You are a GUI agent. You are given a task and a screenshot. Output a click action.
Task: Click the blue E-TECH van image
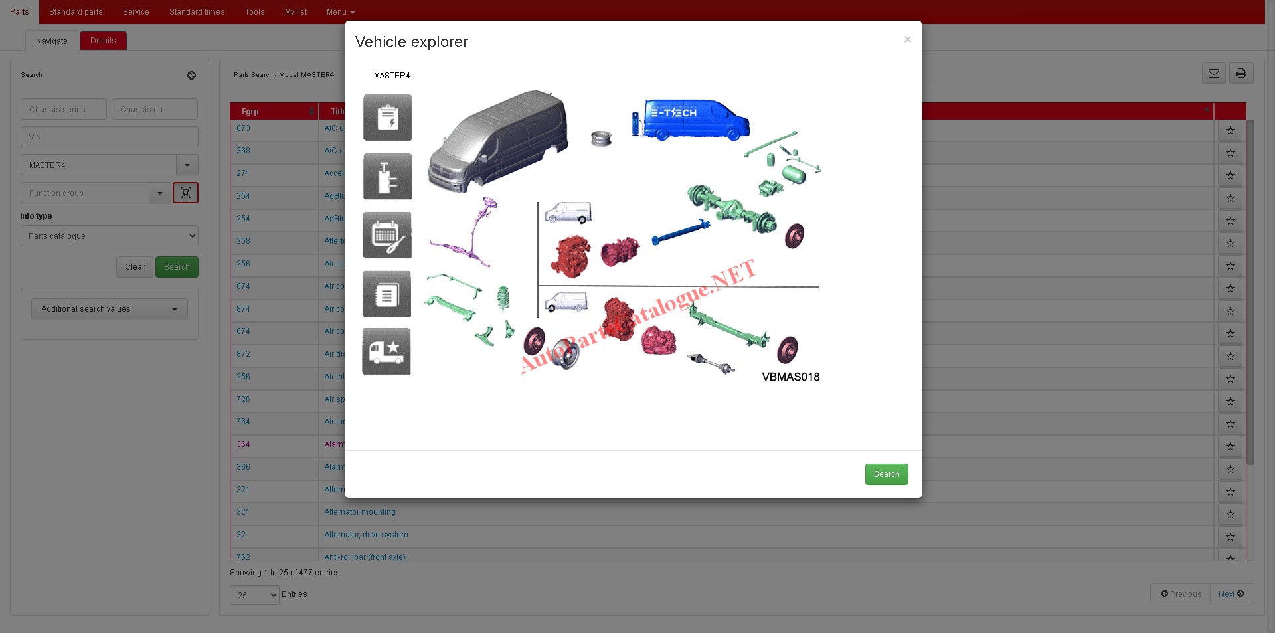click(691, 119)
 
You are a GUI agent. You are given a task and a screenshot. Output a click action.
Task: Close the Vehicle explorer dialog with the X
click(907, 40)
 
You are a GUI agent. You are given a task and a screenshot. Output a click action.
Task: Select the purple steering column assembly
click(471, 232)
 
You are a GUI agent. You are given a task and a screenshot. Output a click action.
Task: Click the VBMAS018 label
click(790, 377)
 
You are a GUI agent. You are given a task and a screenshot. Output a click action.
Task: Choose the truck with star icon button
click(386, 351)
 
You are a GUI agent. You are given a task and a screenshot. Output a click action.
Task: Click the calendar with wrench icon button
click(387, 235)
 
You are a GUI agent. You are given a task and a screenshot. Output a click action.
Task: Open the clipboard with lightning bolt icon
click(387, 118)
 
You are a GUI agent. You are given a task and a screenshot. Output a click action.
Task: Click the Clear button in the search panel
click(134, 267)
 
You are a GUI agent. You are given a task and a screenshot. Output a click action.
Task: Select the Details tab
click(103, 41)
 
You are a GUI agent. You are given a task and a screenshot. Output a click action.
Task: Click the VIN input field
click(110, 137)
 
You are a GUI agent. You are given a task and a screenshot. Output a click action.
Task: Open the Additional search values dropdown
click(110, 309)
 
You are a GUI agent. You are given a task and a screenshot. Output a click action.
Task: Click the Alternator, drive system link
click(366, 535)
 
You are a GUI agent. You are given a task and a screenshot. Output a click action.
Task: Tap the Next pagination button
click(1231, 594)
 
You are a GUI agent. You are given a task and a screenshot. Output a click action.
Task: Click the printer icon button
click(1240, 74)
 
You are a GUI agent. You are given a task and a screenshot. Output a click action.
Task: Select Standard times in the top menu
click(197, 12)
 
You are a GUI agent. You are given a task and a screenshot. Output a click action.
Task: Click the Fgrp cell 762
click(243, 557)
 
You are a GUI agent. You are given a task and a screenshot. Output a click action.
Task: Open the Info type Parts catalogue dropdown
click(110, 236)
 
